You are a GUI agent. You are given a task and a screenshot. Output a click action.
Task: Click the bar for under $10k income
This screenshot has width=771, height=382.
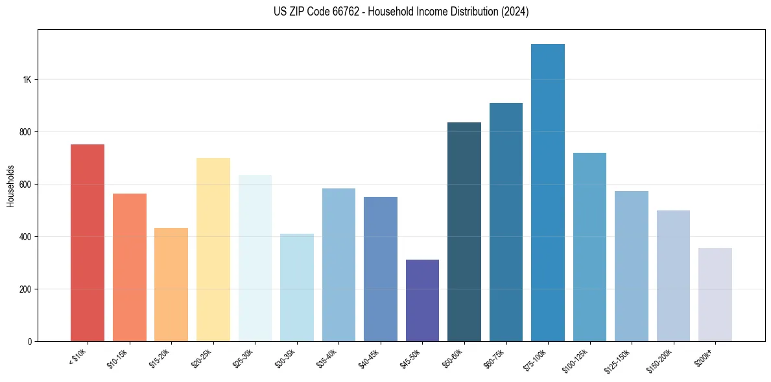coord(88,243)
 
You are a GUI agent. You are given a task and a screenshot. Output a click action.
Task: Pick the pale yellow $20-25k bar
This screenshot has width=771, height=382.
coord(213,250)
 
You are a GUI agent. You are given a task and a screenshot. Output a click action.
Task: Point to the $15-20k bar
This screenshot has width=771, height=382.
coord(171,285)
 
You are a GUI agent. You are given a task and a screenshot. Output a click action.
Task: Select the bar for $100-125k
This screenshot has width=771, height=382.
coord(589,247)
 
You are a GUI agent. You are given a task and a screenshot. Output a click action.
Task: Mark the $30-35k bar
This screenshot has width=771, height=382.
coord(297,287)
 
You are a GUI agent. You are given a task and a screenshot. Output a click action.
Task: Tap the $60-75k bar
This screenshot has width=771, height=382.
coord(506,222)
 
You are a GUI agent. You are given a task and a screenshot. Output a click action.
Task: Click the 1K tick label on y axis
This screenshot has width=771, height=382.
coord(27,80)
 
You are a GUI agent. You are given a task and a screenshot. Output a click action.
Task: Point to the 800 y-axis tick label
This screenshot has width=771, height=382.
coord(25,132)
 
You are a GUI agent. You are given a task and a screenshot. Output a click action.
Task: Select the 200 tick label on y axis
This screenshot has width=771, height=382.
coord(25,289)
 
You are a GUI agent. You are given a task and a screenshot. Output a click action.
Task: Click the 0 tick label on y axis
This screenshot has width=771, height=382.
coord(30,341)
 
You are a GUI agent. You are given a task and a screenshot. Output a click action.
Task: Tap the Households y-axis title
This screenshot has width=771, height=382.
coord(11,185)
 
